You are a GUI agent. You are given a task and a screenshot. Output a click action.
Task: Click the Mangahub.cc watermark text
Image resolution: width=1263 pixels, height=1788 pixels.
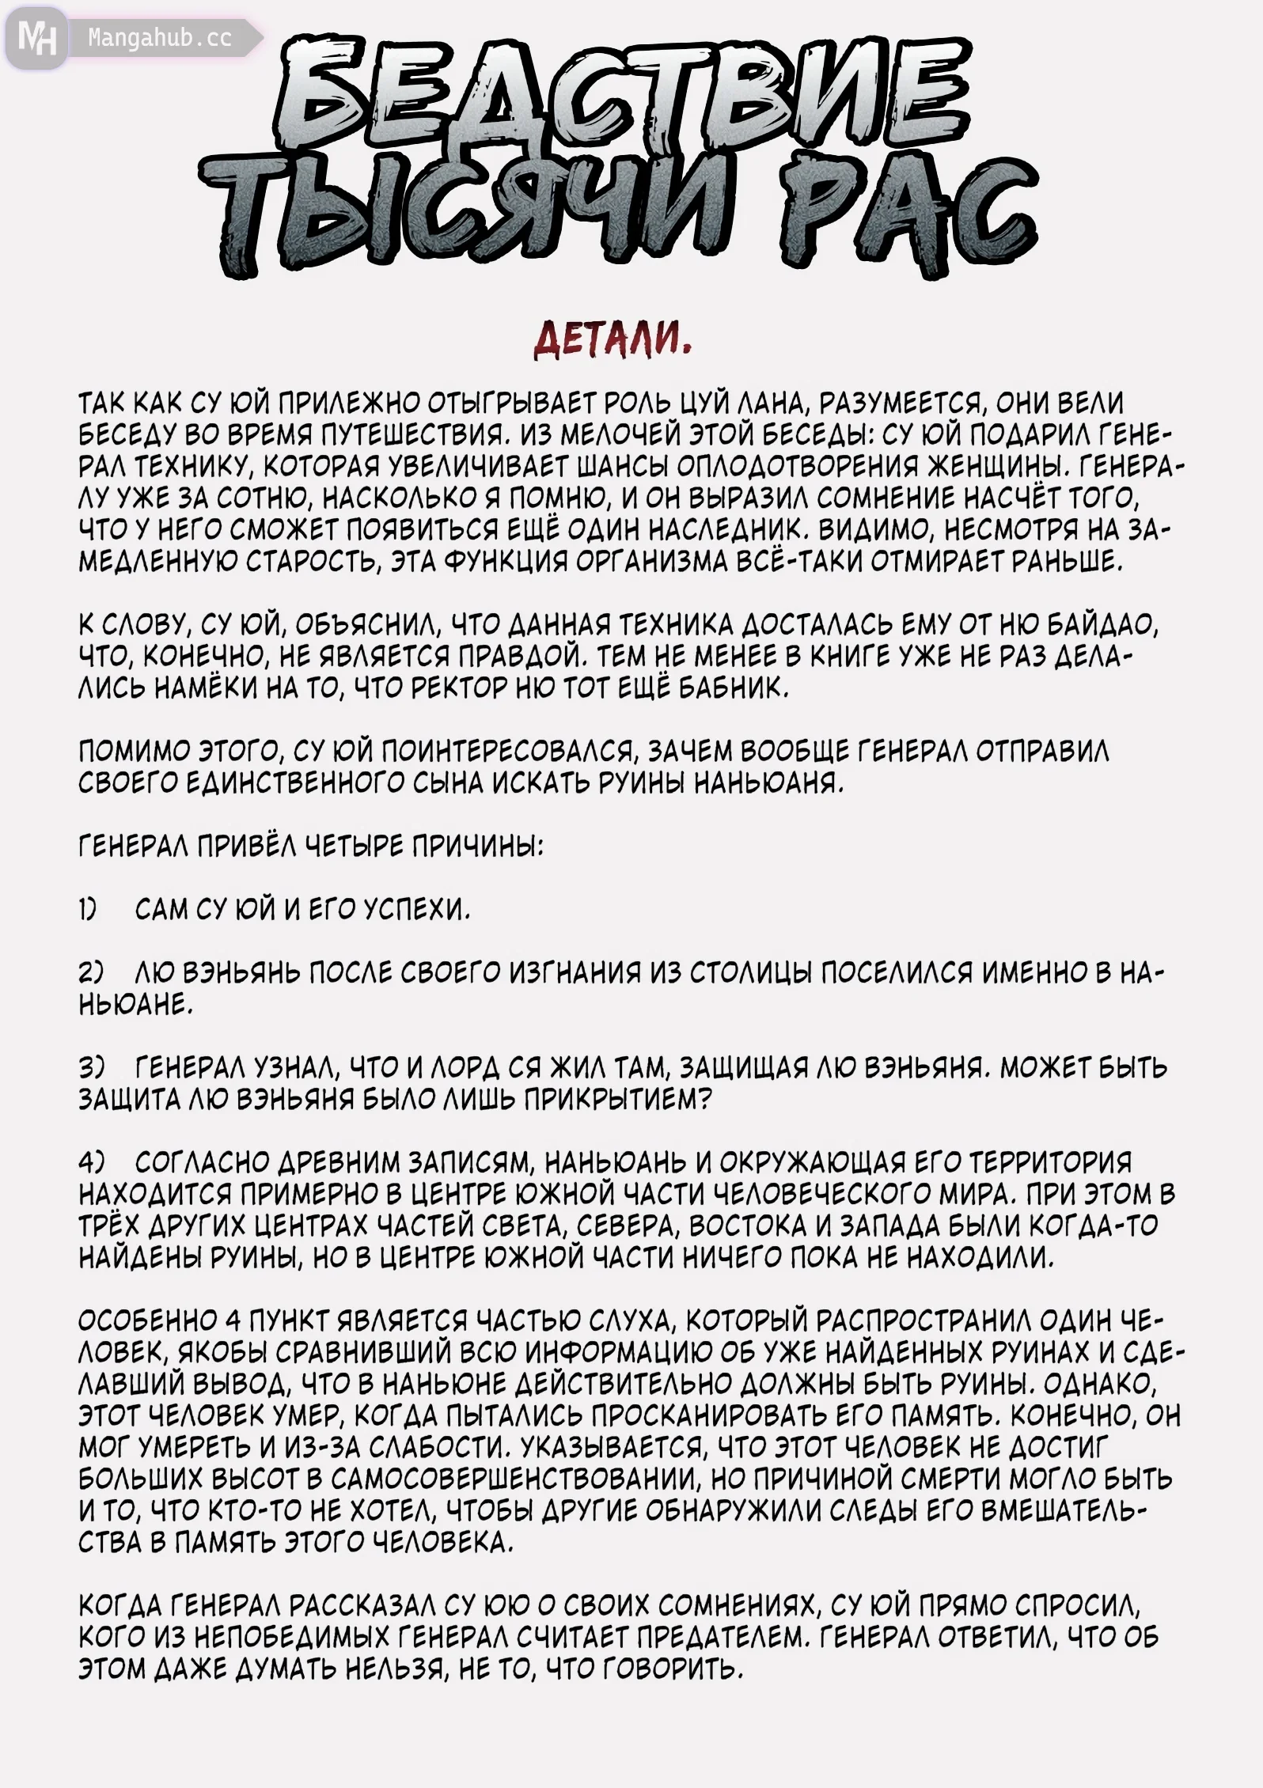tap(159, 39)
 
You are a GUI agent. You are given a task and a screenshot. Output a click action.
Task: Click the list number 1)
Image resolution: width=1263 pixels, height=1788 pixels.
tap(88, 911)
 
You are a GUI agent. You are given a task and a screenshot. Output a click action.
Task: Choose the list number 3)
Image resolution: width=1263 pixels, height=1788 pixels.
tap(89, 1068)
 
